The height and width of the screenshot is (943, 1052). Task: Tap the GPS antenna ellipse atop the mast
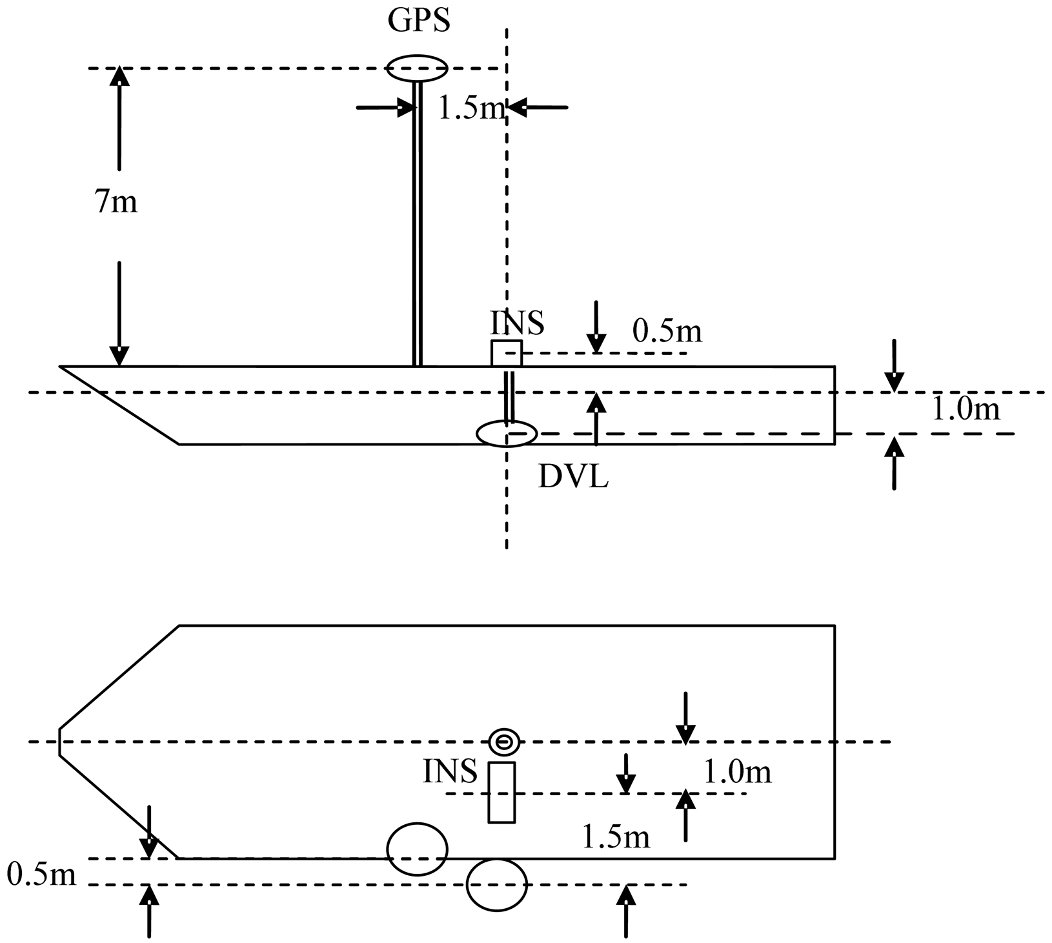click(x=417, y=67)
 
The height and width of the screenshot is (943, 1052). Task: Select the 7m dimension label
click(x=116, y=203)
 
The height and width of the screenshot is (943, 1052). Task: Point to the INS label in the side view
click(x=518, y=323)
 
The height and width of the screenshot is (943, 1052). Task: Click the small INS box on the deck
click(x=506, y=353)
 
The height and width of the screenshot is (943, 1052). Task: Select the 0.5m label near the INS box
click(x=667, y=331)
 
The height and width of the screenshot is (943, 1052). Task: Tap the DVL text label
click(x=573, y=478)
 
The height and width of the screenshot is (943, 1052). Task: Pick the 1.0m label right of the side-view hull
click(x=966, y=409)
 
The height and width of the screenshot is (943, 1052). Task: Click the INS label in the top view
click(x=450, y=771)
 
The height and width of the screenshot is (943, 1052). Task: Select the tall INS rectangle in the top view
click(x=501, y=792)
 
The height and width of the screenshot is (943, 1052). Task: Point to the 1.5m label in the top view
click(x=616, y=837)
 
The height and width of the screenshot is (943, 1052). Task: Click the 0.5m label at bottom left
click(x=41, y=875)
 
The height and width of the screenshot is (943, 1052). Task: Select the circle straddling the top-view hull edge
click(x=417, y=849)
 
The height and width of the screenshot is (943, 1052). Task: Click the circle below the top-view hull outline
click(x=497, y=884)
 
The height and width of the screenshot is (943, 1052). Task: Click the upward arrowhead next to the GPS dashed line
click(x=119, y=77)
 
